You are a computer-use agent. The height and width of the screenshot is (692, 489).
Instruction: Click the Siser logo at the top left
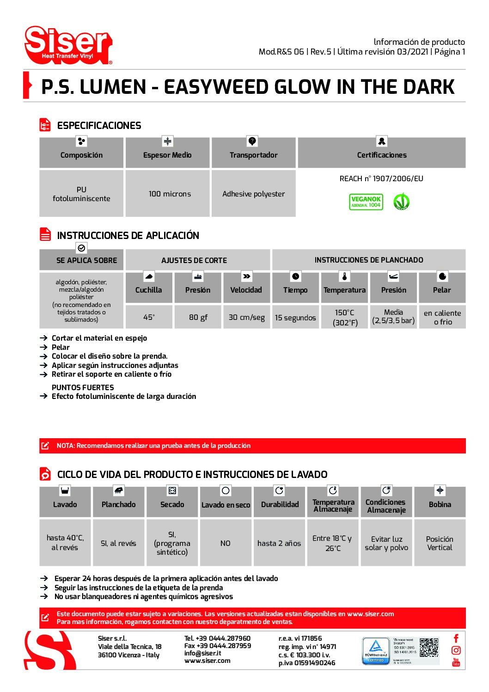pos(68,45)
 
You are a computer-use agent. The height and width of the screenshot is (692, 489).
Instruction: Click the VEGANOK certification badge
pos(366,202)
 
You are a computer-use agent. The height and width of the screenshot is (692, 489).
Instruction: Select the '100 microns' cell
pos(170,194)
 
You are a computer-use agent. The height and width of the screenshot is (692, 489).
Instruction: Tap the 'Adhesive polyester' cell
pos(253,194)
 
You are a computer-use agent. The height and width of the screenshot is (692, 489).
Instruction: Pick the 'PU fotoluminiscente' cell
pos(81,194)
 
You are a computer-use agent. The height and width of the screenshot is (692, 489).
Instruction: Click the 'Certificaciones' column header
pos(381,155)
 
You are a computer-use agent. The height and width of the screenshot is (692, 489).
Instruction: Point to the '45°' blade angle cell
pos(149,317)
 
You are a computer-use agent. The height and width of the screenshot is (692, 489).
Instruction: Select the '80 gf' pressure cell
pos(198,317)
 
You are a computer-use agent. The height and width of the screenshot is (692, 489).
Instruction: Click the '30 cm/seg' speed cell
pos(246,317)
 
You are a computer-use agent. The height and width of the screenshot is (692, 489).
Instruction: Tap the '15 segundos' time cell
pos(295,318)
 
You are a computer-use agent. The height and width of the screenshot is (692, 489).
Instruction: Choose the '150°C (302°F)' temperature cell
pos(345,318)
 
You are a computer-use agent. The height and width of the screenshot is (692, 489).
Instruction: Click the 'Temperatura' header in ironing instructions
pos(344,290)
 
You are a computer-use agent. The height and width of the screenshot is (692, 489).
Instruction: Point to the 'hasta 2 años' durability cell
pos(279,543)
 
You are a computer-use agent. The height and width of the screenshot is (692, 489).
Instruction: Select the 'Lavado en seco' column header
pos(226,505)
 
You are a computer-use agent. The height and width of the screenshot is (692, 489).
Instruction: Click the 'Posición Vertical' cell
pos(440,543)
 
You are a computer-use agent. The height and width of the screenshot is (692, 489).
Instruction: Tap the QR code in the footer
pos(429,647)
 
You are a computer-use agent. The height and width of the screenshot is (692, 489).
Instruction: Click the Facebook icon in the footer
pos(456,638)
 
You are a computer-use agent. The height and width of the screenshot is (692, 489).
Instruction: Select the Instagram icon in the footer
pos(456,650)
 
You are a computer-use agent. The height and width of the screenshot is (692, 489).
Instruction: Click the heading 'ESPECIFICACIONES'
pos(99,126)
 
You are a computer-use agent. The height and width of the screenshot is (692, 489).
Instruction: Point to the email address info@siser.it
pos(202,653)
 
